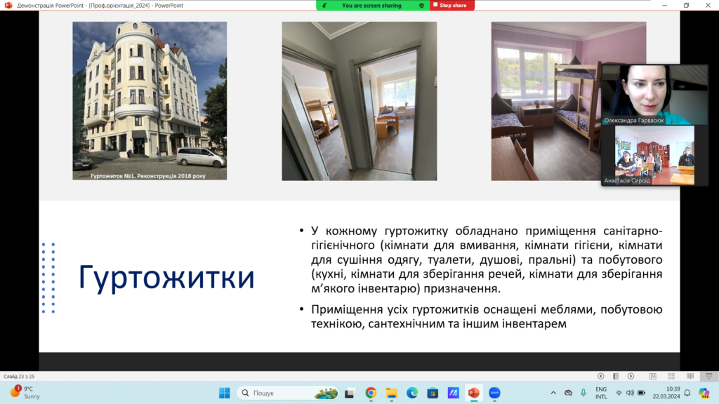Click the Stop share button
451,6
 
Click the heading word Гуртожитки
166,278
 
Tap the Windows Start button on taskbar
224,393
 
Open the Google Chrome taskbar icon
371,393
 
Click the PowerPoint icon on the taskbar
474,393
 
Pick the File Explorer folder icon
391,393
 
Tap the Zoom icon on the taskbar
494,393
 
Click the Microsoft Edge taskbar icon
411,393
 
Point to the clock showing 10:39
673,389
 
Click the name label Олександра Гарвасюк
634,121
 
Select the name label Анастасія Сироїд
627,180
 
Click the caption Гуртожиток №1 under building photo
148,176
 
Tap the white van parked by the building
201,157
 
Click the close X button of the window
708,6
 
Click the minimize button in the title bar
664,6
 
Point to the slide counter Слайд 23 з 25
19,377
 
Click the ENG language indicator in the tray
601,389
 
